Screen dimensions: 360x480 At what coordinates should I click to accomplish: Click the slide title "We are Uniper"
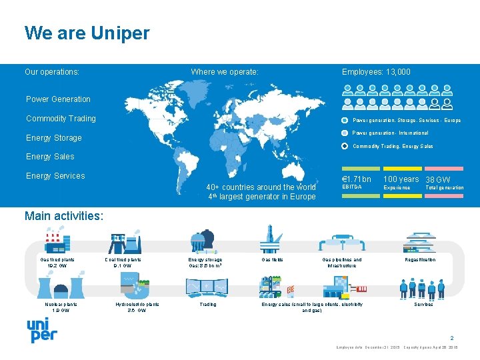(x=87, y=33)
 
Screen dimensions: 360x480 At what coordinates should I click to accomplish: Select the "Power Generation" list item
(x=58, y=99)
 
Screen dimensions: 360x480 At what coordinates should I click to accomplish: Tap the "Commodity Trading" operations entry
(x=61, y=119)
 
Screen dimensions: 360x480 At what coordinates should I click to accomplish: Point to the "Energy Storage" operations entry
(x=53, y=138)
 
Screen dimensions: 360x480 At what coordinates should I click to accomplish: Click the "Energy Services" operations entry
(x=55, y=176)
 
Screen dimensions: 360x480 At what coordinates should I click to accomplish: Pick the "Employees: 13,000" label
(x=376, y=72)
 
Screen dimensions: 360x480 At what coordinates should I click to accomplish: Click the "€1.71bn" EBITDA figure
(x=356, y=179)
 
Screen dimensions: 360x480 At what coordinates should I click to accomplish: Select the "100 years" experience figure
(x=401, y=179)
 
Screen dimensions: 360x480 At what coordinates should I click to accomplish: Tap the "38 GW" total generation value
(x=437, y=180)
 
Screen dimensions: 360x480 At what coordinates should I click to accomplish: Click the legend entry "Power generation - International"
(x=390, y=133)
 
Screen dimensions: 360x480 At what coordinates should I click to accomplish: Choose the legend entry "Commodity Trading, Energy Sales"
(x=392, y=146)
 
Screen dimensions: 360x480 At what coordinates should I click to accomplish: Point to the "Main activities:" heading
(x=63, y=215)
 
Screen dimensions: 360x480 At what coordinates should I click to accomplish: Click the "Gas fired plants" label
(x=57, y=260)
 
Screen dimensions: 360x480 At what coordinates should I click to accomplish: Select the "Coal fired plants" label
(x=123, y=260)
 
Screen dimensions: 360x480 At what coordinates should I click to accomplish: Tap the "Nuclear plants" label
(x=61, y=305)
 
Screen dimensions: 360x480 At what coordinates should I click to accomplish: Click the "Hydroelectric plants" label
(x=137, y=305)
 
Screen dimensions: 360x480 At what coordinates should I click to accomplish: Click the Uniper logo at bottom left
(x=41, y=329)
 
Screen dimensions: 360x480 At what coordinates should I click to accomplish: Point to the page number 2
(x=451, y=338)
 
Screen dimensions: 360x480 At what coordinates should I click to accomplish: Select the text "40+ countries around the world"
(x=261, y=187)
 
